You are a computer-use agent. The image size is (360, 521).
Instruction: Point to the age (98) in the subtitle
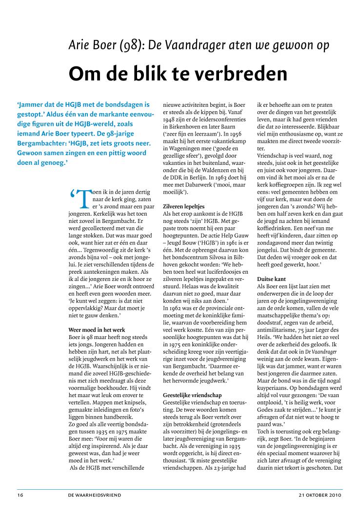126,45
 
